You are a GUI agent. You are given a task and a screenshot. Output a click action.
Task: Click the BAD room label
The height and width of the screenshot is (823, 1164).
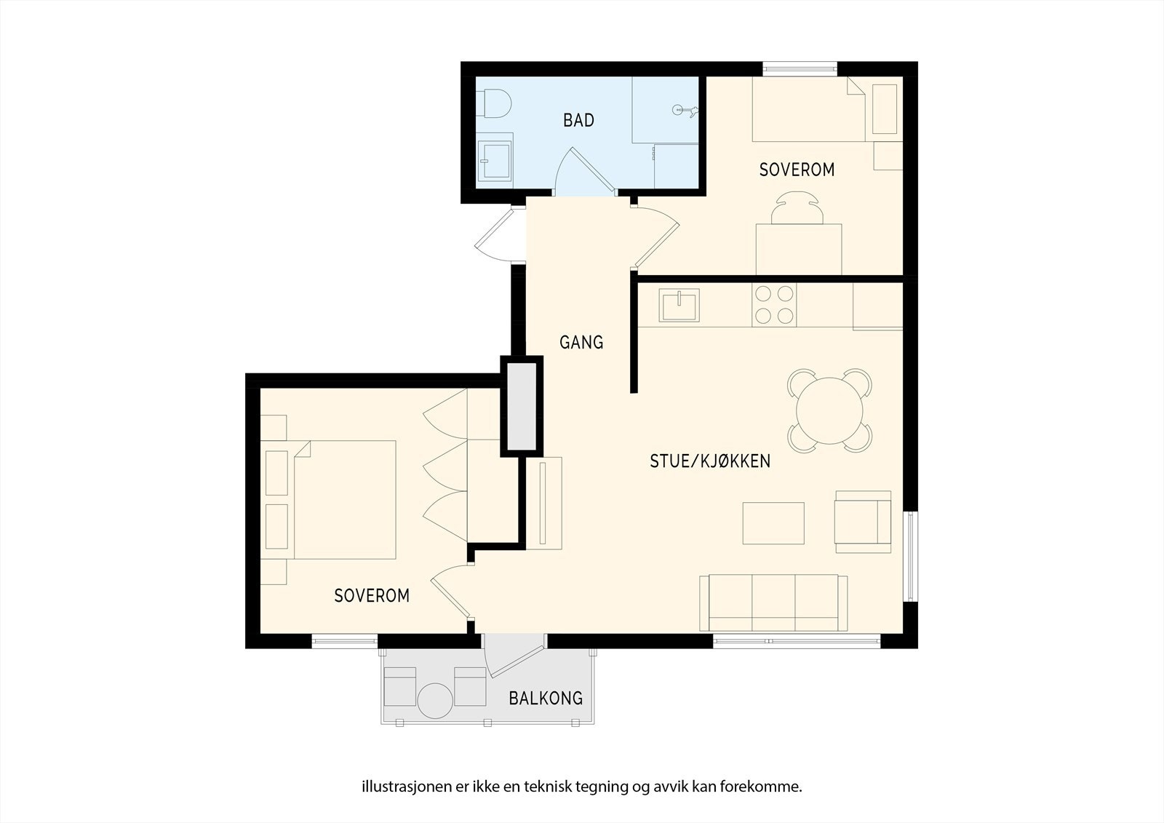(x=578, y=121)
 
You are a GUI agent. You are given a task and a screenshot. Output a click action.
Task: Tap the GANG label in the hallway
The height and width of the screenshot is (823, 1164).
(x=581, y=342)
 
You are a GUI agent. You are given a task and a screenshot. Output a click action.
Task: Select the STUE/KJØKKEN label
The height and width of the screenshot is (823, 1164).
(x=710, y=461)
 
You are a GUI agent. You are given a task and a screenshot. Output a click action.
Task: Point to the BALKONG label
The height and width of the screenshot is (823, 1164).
(x=546, y=699)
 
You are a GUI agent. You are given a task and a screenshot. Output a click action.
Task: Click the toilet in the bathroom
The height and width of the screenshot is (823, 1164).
(x=494, y=103)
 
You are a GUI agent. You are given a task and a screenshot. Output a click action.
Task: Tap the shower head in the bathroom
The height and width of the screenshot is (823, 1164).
(x=685, y=110)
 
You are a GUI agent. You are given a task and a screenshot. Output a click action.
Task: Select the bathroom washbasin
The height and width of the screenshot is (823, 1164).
(x=494, y=161)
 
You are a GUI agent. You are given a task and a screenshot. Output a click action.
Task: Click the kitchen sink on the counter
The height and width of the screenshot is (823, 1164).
(x=679, y=305)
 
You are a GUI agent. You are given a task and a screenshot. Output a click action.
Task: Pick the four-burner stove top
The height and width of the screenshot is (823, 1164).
(x=774, y=305)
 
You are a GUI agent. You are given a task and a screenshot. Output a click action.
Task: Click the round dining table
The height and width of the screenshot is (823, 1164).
(x=829, y=410)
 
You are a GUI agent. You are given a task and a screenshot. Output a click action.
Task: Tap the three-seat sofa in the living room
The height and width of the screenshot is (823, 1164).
(x=774, y=603)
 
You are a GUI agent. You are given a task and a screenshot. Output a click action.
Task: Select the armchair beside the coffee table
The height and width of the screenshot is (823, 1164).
(x=863, y=522)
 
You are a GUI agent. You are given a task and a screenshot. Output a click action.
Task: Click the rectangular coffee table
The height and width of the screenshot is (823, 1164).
(x=773, y=523)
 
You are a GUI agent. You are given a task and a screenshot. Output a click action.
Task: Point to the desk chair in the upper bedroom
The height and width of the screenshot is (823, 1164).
(x=797, y=207)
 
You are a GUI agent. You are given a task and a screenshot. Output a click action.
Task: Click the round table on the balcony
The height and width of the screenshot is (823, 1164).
(x=436, y=701)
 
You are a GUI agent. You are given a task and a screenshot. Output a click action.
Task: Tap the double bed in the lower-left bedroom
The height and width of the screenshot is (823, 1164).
(x=328, y=500)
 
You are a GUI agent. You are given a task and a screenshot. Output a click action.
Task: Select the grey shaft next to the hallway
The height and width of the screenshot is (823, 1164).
(x=522, y=407)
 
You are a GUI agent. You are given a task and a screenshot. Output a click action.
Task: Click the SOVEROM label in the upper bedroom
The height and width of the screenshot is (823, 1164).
(x=797, y=170)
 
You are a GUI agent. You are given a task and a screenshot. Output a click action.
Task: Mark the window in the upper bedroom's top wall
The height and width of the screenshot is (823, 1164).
(x=800, y=68)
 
